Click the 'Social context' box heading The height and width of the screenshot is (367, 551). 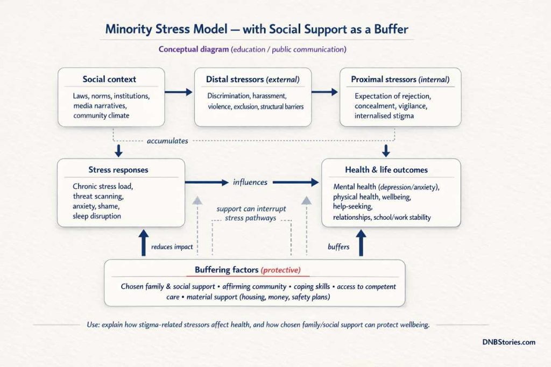(x=109, y=80)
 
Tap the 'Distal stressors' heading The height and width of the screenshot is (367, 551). (x=252, y=80)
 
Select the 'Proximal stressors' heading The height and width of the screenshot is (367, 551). (x=400, y=80)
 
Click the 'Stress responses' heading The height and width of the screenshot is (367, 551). (x=118, y=170)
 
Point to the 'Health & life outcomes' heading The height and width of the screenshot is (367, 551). (x=386, y=170)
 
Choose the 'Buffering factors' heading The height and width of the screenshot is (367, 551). (x=248, y=270)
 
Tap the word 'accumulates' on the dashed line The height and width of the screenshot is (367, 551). (x=167, y=141)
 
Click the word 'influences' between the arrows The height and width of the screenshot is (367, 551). (x=250, y=182)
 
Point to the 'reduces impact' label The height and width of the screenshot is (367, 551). (x=172, y=247)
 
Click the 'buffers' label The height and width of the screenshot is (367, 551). (x=339, y=247)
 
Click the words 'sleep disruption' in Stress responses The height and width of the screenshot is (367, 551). (x=97, y=216)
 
